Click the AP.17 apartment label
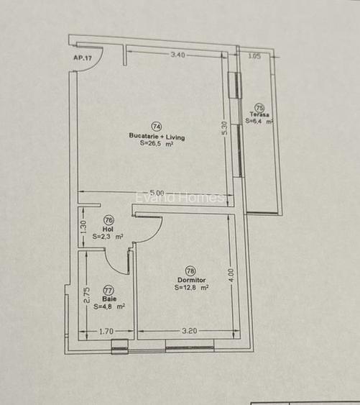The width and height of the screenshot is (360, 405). pyautogui.click(x=83, y=58)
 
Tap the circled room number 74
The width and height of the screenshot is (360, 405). pyautogui.click(x=157, y=127)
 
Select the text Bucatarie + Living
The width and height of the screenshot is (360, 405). pyautogui.click(x=157, y=136)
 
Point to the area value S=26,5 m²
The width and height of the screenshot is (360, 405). pyautogui.click(x=157, y=144)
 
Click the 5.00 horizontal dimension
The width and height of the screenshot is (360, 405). pyautogui.click(x=156, y=193)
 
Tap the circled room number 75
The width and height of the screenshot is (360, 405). pyautogui.click(x=259, y=107)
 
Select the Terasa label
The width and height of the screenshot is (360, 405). pyautogui.click(x=259, y=115)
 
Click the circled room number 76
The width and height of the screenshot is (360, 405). pyautogui.click(x=109, y=220)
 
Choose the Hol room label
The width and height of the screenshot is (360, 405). pyautogui.click(x=109, y=229)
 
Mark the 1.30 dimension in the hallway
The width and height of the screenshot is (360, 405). pyautogui.click(x=84, y=228)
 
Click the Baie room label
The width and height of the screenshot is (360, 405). pyautogui.click(x=109, y=298)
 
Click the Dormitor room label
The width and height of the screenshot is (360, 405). pyautogui.click(x=191, y=279)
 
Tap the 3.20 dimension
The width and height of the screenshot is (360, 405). pyautogui.click(x=189, y=332)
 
